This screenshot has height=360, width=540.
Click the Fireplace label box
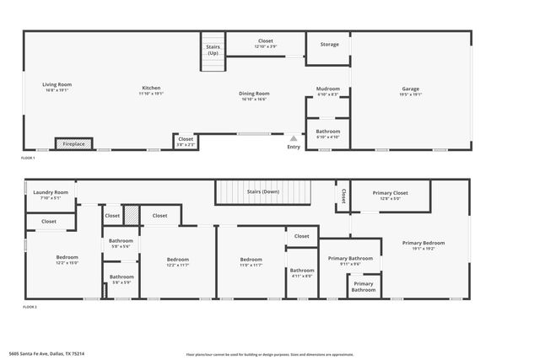click(x=73, y=144)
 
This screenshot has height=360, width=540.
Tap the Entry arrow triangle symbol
click(x=294, y=138)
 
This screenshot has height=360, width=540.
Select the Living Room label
click(x=57, y=86)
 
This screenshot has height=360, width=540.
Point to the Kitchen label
click(x=151, y=89)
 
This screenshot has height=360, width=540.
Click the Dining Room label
click(x=254, y=95)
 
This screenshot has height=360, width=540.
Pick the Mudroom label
click(x=327, y=90)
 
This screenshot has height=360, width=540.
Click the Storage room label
click(x=329, y=45)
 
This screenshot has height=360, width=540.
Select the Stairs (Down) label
click(x=262, y=191)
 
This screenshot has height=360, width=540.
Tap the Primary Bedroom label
click(x=423, y=245)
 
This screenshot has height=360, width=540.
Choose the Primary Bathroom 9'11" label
click(x=350, y=261)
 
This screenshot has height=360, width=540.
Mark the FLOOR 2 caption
click(x=30, y=308)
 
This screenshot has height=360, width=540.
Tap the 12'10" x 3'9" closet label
click(x=266, y=43)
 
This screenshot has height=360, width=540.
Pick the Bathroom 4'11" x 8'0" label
click(x=302, y=272)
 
